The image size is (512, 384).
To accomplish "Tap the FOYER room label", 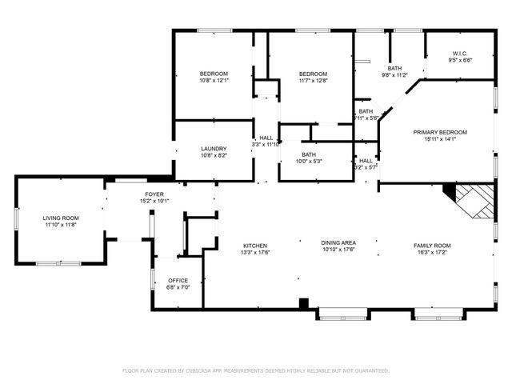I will point(154,194).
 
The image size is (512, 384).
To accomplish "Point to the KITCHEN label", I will point(256,246).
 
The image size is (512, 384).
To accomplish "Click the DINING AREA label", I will point(338,243).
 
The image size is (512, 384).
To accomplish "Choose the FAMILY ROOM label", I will point(432,246).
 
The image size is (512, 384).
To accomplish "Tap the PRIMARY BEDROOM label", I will point(440,132).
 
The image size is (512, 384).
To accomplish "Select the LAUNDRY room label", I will point(214,149).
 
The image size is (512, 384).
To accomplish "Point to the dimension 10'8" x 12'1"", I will point(214,80).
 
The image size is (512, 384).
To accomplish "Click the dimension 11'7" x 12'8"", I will point(313,80).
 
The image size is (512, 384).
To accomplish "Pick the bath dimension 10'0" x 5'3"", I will point(309,161).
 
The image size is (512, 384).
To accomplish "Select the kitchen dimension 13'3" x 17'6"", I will point(256,253).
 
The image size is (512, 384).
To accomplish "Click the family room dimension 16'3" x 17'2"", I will point(432,253).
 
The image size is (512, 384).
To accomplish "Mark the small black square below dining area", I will point(304,303).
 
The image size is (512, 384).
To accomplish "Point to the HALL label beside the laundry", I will point(266,138).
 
